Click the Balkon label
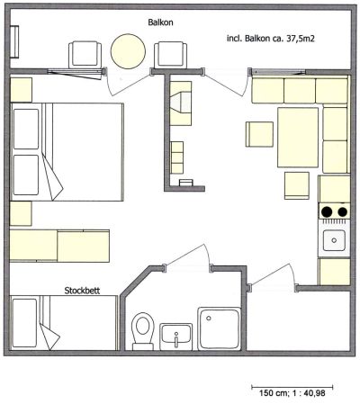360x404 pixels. click(160, 22)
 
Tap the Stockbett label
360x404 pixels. click(82, 291)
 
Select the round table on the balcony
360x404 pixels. click(128, 51)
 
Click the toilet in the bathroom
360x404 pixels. click(143, 331)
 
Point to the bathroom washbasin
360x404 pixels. click(176, 337)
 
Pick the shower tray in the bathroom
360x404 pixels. click(220, 328)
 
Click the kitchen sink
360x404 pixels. click(334, 240)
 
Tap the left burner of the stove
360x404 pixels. click(327, 212)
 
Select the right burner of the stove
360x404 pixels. click(342, 212)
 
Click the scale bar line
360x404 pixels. click(292, 387)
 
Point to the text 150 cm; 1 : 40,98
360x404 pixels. click(292, 393)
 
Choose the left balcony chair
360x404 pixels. click(85, 55)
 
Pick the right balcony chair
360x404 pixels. click(170, 55)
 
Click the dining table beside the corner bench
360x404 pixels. click(298, 137)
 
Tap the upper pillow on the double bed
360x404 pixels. click(26, 129)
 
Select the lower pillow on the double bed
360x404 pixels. click(26, 175)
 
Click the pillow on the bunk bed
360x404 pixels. click(24, 323)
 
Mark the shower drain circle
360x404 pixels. click(209, 318)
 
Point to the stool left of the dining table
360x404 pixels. click(259, 134)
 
